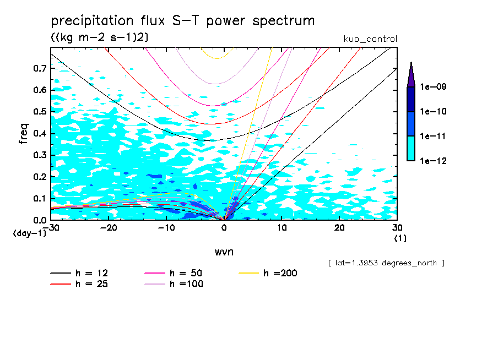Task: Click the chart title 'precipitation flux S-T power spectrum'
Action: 182,21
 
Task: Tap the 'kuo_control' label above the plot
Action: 370,39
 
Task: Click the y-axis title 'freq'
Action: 24,134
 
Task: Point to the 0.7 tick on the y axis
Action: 40,68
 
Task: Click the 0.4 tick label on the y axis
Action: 40,133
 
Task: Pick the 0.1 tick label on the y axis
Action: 40,198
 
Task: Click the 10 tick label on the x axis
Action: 282,228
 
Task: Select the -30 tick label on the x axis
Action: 51,228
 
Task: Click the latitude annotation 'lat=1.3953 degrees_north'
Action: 386,263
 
